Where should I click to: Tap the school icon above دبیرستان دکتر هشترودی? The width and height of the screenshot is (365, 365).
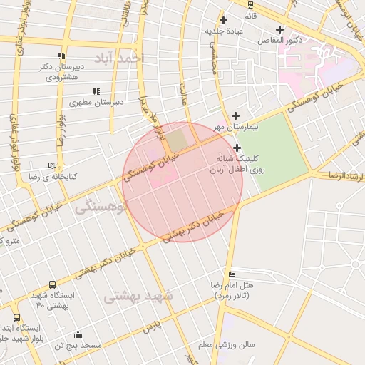pyautogui.click(x=62, y=56)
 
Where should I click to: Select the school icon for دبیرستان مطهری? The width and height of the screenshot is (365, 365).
pyautogui.click(x=96, y=91)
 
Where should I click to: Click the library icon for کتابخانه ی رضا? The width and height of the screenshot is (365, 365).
pyautogui.click(x=51, y=165)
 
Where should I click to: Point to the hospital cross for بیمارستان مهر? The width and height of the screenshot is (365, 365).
pyautogui.click(x=236, y=115)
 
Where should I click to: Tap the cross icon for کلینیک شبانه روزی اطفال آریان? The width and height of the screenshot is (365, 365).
pyautogui.click(x=237, y=148)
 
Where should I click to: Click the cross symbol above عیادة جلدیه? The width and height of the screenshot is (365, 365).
pyautogui.click(x=225, y=20)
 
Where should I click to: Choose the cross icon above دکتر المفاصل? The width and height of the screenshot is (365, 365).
pyautogui.click(x=279, y=29)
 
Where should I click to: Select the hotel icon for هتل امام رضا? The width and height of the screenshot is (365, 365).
pyautogui.click(x=231, y=274)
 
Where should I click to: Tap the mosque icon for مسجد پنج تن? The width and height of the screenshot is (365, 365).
pyautogui.click(x=77, y=335)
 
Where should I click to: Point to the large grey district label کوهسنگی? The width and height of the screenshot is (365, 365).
pyautogui.click(x=101, y=207)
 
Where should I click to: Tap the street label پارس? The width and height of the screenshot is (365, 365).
pyautogui.click(x=150, y=327)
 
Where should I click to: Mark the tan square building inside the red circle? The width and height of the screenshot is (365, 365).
pyautogui.click(x=180, y=140)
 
